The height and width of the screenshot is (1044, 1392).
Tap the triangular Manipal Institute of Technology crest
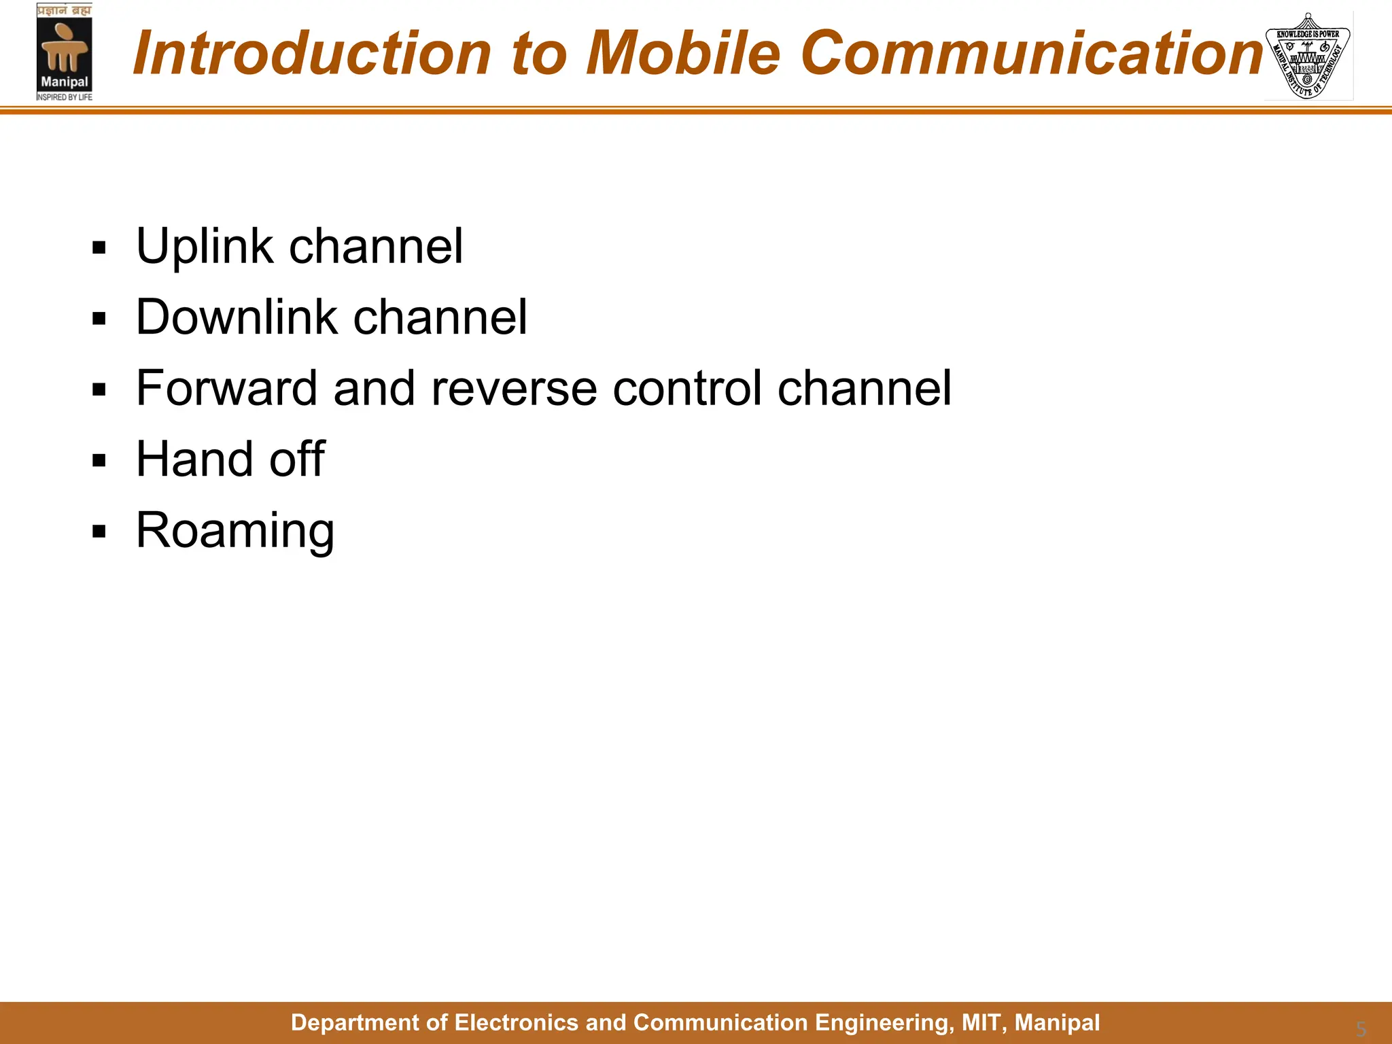(1307, 56)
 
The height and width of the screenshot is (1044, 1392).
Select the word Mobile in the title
(682, 53)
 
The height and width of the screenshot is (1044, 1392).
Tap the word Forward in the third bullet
(226, 388)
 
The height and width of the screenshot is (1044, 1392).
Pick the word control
(686, 388)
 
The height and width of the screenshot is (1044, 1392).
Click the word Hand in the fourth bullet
(194, 459)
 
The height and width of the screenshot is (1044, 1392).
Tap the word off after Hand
(297, 459)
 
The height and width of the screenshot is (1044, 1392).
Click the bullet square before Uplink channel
(99, 248)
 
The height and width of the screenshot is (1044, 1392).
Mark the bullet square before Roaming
(99, 532)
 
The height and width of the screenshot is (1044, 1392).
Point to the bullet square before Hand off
(99, 461)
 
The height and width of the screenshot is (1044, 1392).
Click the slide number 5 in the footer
(1361, 1028)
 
